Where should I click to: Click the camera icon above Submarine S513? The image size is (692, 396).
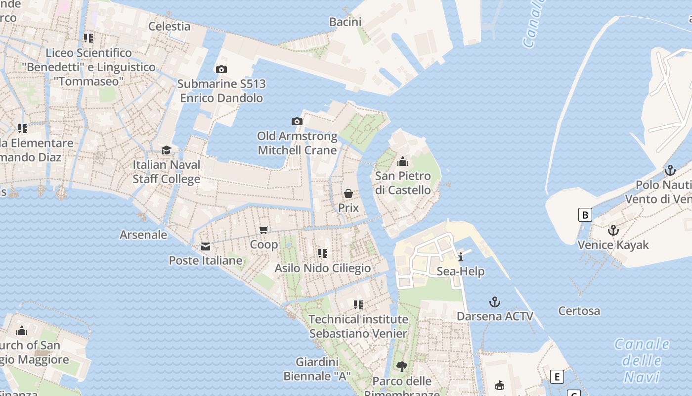point(221,69)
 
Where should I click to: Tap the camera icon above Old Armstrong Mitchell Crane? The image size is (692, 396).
point(297,121)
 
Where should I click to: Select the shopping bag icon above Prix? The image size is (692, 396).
point(348,193)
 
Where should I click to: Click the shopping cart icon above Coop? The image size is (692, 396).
point(264,230)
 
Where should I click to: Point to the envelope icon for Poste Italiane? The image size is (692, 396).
point(205,247)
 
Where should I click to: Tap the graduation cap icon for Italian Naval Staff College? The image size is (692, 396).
point(166,150)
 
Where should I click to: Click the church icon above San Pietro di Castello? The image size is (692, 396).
point(403,161)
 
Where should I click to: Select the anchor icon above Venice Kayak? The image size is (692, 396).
point(613,230)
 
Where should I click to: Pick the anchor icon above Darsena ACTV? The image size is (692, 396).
point(495,302)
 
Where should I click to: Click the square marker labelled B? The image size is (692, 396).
point(585,215)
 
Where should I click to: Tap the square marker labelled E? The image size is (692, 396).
point(557,377)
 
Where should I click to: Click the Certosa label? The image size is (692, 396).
point(579,311)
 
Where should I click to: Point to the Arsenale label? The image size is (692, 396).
point(143,235)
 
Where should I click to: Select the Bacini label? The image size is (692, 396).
point(346,22)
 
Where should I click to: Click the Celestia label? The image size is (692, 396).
point(170,26)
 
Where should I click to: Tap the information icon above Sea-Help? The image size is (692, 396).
point(461,257)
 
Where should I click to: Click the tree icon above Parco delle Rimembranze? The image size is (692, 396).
point(402,366)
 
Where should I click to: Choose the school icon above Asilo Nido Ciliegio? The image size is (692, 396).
point(323,253)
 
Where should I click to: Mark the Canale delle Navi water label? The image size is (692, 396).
point(642,360)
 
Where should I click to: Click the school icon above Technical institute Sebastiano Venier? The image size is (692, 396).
point(358,304)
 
